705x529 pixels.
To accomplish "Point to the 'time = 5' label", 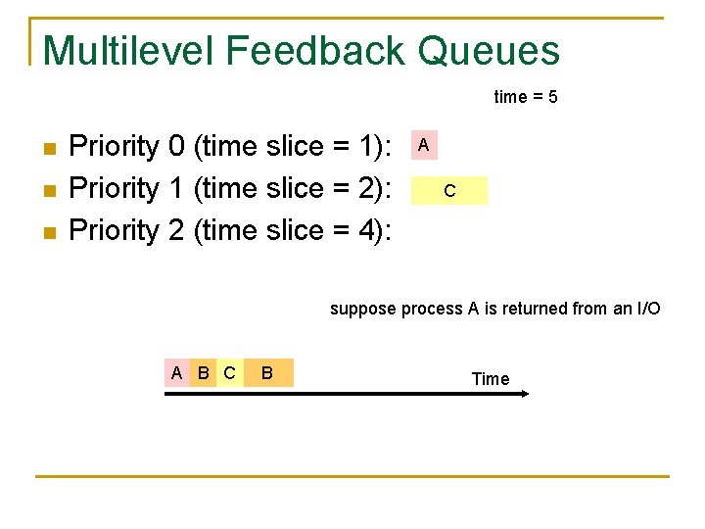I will [526, 97].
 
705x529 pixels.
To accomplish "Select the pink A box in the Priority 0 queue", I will [423, 145].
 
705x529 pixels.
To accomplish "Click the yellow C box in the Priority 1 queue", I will [448, 190].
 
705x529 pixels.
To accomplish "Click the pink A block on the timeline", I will [176, 373].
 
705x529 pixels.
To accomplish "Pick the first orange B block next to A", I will [203, 373].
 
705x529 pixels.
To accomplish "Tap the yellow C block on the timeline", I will [229, 373].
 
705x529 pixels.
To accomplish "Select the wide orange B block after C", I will [267, 373].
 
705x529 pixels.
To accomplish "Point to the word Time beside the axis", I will [490, 379].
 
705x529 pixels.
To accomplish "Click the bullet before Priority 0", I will [50, 149].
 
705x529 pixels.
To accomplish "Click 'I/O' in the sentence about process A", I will [648, 309].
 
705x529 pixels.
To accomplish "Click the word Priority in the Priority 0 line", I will [115, 147].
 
